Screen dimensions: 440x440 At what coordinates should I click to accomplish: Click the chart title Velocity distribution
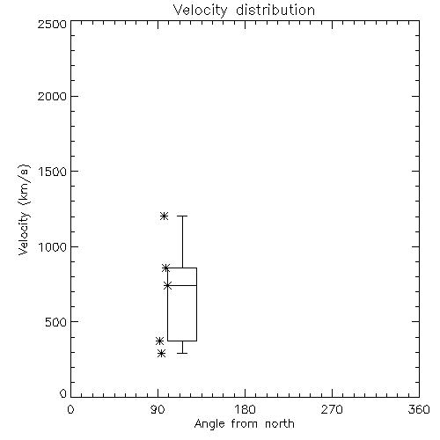[x=244, y=11]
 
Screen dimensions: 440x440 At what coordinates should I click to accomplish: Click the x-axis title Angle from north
[x=244, y=424]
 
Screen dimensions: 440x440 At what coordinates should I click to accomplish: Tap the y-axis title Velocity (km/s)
[x=24, y=209]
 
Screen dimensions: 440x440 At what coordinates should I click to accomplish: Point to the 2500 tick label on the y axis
[x=52, y=24]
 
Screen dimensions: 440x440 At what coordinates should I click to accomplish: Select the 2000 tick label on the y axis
[x=52, y=96]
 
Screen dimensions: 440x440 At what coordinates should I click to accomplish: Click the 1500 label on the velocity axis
[x=53, y=172]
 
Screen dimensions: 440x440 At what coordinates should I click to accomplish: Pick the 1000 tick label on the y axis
[x=53, y=247]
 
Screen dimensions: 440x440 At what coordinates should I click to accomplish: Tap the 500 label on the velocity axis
[x=56, y=322]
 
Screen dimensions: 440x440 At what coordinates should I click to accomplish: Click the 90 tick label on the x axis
[x=158, y=409]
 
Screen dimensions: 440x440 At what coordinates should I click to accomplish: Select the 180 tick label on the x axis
[x=245, y=409]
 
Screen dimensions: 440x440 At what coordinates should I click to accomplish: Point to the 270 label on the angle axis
[x=332, y=409]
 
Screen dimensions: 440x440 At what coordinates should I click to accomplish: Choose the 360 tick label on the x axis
[x=419, y=409]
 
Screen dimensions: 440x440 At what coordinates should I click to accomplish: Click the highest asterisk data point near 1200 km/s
[x=164, y=216]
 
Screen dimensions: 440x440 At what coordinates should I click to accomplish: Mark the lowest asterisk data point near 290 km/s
[x=161, y=353]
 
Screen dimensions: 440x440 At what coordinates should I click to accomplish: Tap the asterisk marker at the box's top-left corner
[x=165, y=268]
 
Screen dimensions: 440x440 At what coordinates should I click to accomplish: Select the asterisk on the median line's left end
[x=167, y=285]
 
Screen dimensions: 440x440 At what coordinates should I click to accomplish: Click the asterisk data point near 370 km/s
[x=159, y=341]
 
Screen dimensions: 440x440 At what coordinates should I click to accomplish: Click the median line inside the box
[x=182, y=285]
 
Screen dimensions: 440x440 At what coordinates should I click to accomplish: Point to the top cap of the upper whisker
[x=182, y=216]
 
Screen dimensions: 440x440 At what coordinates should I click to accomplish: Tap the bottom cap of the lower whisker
[x=182, y=353]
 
